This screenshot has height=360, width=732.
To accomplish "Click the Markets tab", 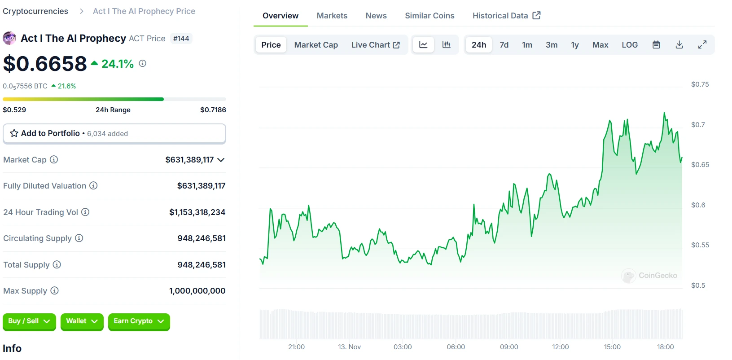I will [x=332, y=16].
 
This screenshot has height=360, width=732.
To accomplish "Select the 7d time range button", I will [x=504, y=45].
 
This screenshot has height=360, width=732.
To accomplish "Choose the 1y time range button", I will [x=574, y=45].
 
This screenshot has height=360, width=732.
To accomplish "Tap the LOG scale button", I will [x=629, y=45].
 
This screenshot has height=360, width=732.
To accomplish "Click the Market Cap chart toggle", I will [x=316, y=45].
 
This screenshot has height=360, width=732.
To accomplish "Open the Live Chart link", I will [x=375, y=45].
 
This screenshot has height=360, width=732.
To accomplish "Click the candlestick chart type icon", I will [x=446, y=45].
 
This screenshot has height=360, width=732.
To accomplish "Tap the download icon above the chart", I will [x=679, y=45].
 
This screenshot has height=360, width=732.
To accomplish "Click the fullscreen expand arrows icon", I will [x=702, y=45].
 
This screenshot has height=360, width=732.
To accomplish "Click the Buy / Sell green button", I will [x=29, y=321].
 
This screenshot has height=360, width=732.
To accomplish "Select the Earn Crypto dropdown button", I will [x=139, y=321].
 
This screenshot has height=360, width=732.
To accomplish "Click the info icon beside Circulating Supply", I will [x=79, y=238].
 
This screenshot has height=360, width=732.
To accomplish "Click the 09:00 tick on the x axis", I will [x=509, y=347].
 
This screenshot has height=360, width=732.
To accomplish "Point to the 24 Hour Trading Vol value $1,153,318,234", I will [x=197, y=212].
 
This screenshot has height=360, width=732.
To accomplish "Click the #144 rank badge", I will [x=181, y=39].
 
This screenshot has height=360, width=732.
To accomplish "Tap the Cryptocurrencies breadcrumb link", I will [x=35, y=11].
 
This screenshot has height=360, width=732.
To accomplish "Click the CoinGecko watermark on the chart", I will [x=649, y=276].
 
